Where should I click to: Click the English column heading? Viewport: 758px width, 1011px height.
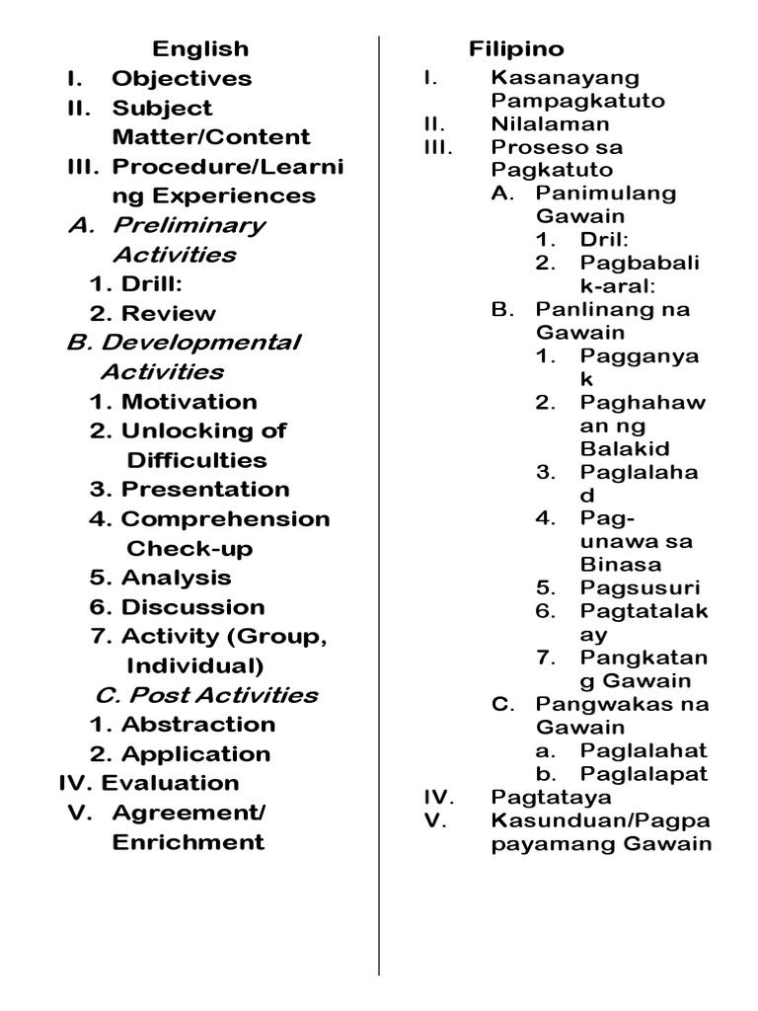click(200, 48)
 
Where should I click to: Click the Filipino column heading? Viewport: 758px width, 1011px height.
click(516, 48)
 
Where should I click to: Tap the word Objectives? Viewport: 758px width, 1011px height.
click(182, 78)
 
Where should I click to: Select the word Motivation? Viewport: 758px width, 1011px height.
click(189, 402)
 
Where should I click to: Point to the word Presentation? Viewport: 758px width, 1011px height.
click(205, 490)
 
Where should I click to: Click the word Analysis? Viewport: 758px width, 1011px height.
click(176, 578)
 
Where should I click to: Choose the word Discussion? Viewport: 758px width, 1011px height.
click(192, 607)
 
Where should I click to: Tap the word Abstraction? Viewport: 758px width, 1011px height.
click(197, 725)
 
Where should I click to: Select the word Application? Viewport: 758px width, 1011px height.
click(194, 754)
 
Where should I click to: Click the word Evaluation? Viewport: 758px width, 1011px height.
click(170, 783)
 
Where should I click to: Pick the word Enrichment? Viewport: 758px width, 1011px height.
click(188, 842)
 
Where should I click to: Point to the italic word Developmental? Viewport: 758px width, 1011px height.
click(200, 343)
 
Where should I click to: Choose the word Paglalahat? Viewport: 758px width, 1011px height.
click(644, 750)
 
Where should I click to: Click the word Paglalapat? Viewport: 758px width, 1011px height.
click(644, 773)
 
